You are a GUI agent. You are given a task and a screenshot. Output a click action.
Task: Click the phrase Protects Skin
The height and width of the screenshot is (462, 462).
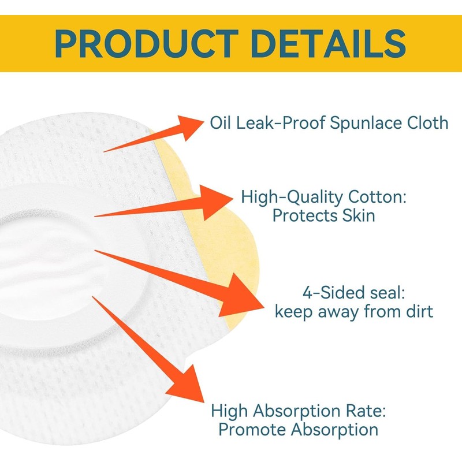tap(323, 216)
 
